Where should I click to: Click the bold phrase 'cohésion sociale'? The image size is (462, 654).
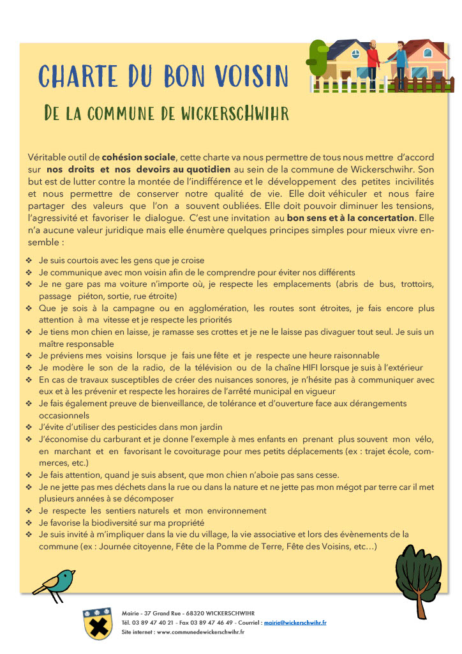[x=138, y=157]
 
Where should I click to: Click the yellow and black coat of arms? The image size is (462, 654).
[x=98, y=623]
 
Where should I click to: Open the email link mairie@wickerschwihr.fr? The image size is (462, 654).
[x=295, y=622]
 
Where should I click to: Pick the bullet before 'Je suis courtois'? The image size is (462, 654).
[x=29, y=261]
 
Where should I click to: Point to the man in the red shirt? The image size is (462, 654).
[x=374, y=61]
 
